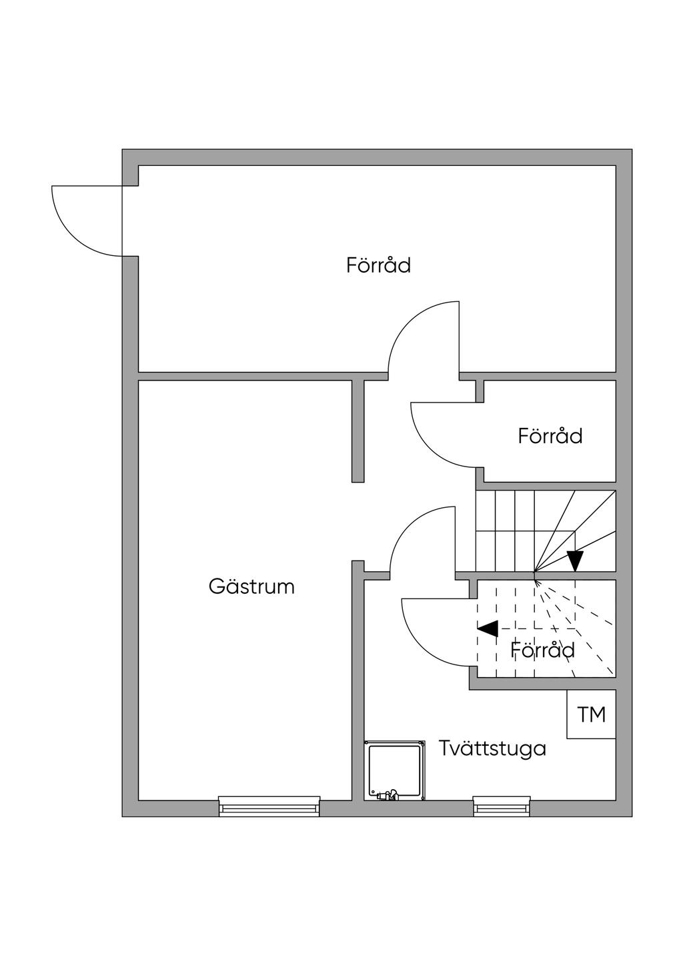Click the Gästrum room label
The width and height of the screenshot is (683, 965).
pyautogui.click(x=251, y=587)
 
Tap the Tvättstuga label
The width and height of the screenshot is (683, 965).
pyautogui.click(x=492, y=748)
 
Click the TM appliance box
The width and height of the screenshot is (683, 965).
pyautogui.click(x=591, y=714)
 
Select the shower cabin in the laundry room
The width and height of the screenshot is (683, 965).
pyautogui.click(x=395, y=770)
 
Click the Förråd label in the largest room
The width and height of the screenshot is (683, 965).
pyautogui.click(x=378, y=265)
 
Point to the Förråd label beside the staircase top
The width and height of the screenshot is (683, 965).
pyautogui.click(x=550, y=437)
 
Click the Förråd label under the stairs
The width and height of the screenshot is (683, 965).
pyautogui.click(x=543, y=650)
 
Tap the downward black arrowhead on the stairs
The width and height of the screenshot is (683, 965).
pyautogui.click(x=575, y=560)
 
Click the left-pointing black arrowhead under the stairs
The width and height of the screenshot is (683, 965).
pyautogui.click(x=488, y=628)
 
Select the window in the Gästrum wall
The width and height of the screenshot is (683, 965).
pyautogui.click(x=269, y=806)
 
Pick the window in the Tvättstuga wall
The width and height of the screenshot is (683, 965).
pyautogui.click(x=502, y=806)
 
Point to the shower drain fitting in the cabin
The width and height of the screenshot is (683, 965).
pyautogui.click(x=387, y=794)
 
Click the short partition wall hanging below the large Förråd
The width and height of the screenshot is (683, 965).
pyautogui.click(x=358, y=431)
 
